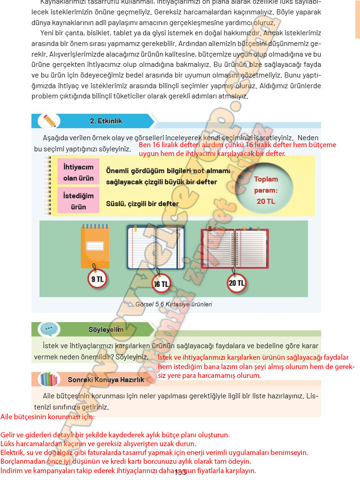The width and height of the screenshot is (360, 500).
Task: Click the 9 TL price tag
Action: tap(98, 279)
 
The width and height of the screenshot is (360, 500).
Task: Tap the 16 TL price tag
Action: tap(161, 284)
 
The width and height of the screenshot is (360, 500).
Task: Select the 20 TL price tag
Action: tap(236, 283)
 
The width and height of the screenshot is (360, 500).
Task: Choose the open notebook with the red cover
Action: tap(235, 248)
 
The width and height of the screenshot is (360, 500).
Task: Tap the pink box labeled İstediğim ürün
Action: tap(79, 200)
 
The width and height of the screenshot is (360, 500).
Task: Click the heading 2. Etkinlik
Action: tap(106, 121)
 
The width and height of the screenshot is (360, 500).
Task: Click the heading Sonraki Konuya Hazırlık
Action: tap(106, 379)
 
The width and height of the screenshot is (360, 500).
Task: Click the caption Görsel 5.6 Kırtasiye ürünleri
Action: tap(174, 305)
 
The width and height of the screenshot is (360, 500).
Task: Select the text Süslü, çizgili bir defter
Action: tap(142, 203)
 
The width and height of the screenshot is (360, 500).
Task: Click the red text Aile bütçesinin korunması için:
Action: tap(47, 417)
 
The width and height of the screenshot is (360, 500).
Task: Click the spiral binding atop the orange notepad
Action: tap(95, 227)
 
